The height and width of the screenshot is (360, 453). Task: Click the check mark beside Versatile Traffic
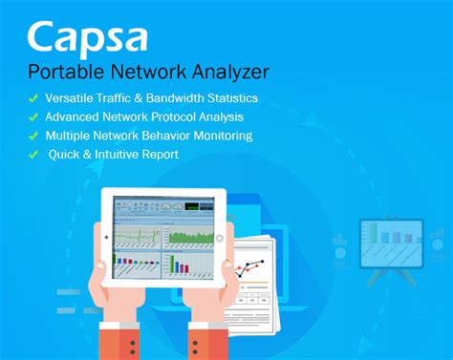32,98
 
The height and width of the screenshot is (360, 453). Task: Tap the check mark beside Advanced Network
32,116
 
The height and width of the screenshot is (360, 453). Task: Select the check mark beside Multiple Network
32,135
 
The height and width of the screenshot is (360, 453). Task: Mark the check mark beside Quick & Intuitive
32,153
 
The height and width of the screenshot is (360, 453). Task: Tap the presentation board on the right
391,243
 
